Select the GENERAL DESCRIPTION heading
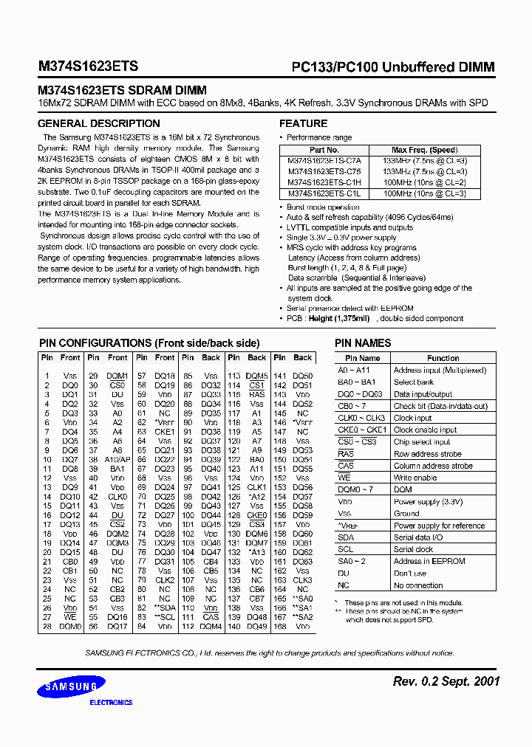point(98,123)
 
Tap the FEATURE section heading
point(303,123)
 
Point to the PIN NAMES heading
point(363,343)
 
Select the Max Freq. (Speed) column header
point(424,149)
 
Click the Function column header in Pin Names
point(443,358)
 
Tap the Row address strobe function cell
point(427,454)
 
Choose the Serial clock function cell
point(413,549)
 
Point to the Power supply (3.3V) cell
point(428,501)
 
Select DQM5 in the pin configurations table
point(256,376)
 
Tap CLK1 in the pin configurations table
point(256,487)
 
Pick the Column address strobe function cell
point(432,466)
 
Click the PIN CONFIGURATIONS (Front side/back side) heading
point(149,343)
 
